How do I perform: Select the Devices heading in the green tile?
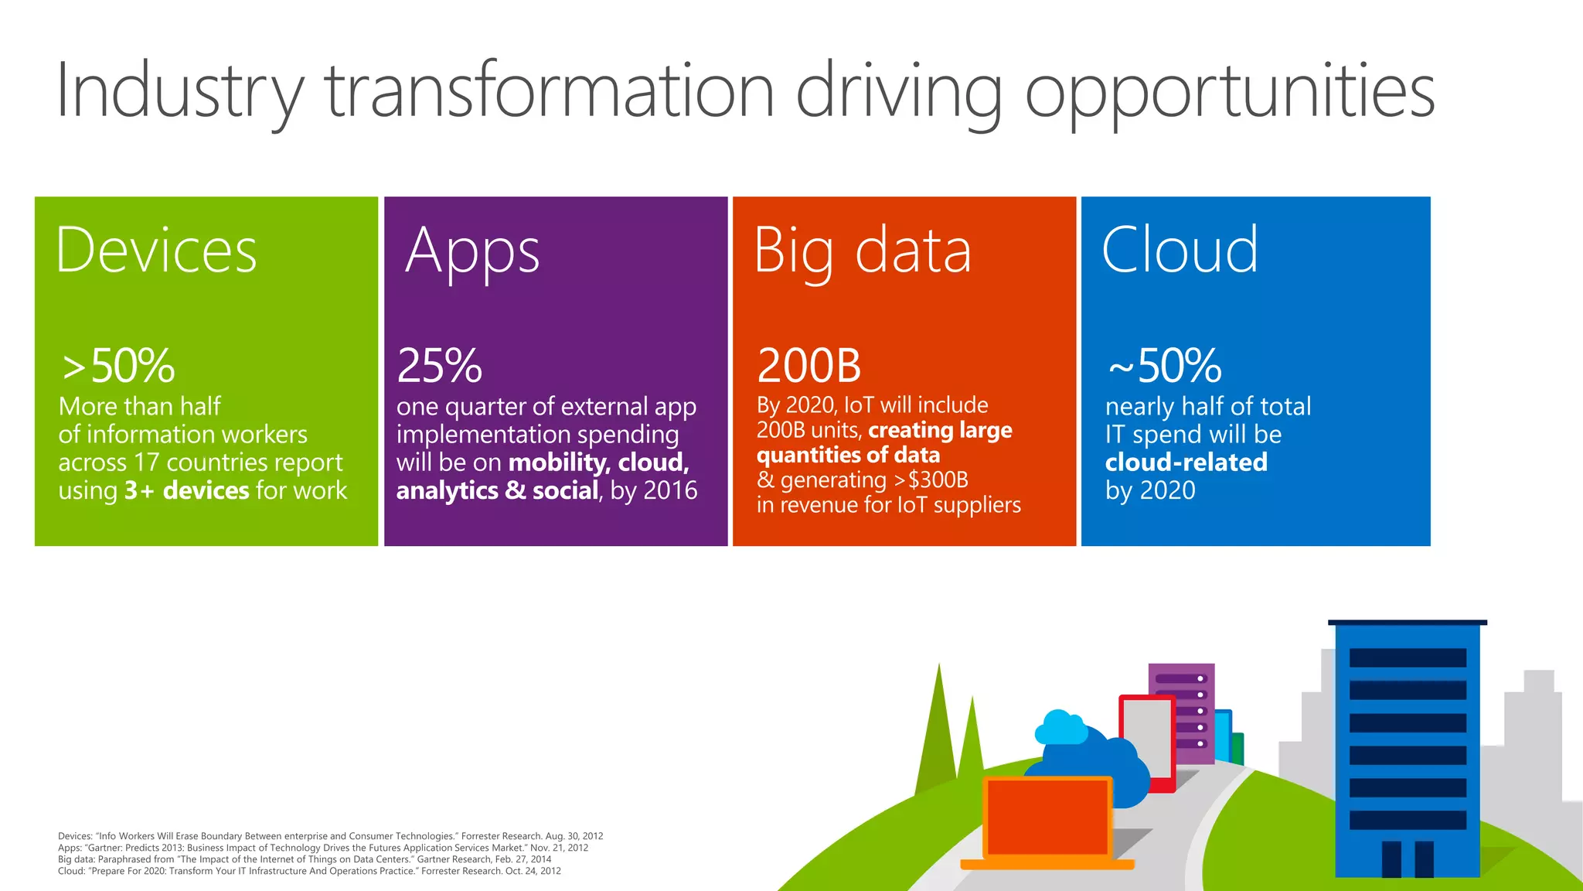point(156,251)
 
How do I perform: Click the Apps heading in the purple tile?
point(472,252)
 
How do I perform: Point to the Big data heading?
point(862,252)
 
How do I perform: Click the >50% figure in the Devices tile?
point(118,365)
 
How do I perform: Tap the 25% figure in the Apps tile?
point(439,365)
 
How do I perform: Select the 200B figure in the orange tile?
point(809,365)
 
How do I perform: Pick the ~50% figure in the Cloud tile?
point(1164,365)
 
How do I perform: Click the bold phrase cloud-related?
point(1186,463)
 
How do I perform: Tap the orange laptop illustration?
point(1047,820)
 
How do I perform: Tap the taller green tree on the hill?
point(938,735)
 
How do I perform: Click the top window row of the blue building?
point(1407,657)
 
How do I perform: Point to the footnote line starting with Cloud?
point(309,871)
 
